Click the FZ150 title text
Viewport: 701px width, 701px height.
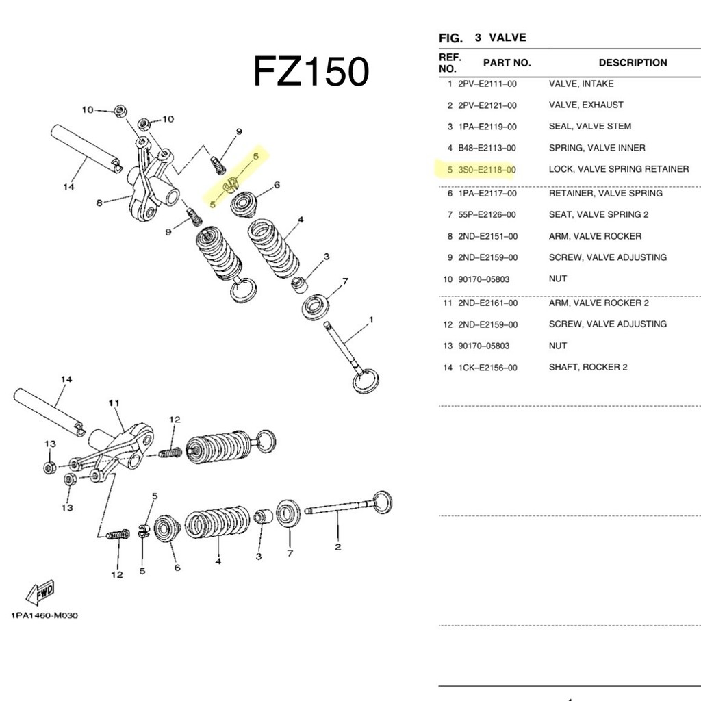(311, 71)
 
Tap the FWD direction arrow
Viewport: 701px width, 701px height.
(40, 592)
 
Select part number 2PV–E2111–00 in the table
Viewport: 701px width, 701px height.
(487, 84)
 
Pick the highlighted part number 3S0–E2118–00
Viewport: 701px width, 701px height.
(487, 170)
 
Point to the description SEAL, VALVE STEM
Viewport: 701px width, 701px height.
(590, 127)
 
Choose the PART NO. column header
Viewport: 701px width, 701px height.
(507, 62)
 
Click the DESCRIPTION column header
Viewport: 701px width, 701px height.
(633, 62)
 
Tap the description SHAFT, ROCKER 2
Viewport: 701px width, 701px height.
(588, 367)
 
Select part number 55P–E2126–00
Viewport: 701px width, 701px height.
(487, 214)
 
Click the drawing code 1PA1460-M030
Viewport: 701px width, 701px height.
(44, 615)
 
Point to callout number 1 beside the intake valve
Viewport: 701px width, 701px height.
(371, 320)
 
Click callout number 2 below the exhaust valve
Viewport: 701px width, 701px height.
(338, 546)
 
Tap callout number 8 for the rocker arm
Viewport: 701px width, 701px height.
(99, 203)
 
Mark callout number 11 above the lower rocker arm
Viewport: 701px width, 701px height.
(114, 403)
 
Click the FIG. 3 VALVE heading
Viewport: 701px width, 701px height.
(483, 38)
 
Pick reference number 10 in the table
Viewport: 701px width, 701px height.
(448, 279)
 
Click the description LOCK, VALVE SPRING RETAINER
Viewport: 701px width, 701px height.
(619, 170)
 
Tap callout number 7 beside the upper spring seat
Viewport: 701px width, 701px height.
(345, 281)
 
